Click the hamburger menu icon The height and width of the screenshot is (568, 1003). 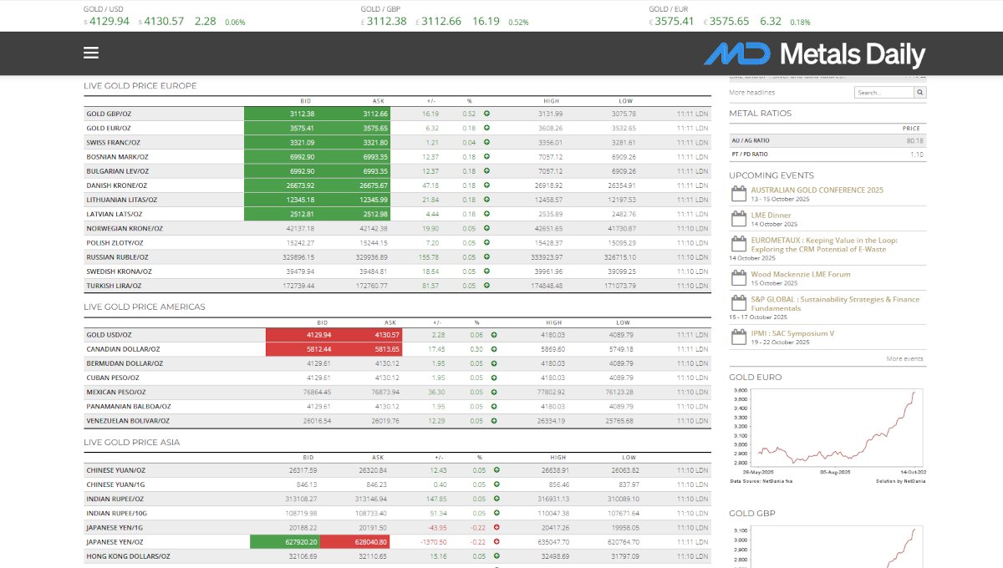(x=91, y=53)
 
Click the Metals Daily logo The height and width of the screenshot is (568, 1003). (x=814, y=54)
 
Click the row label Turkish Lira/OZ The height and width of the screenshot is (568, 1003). (x=119, y=286)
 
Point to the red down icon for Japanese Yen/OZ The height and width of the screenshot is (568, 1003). (x=496, y=542)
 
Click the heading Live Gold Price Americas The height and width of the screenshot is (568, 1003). (x=145, y=307)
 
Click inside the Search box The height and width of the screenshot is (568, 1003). (x=884, y=93)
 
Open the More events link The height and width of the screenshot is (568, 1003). (x=904, y=358)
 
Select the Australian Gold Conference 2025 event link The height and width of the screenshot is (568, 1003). (x=817, y=190)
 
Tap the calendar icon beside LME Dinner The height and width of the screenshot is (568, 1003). (x=738, y=219)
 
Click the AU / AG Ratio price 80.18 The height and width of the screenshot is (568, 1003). (x=914, y=141)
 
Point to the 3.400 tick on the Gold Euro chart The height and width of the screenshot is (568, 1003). (x=740, y=408)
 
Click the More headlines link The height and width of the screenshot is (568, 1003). (x=751, y=93)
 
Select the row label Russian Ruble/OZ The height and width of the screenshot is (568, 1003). (x=117, y=257)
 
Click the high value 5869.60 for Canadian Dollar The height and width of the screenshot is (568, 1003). (x=552, y=349)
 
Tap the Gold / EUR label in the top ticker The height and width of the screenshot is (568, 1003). (x=667, y=9)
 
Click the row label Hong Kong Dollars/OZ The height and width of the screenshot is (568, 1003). (x=128, y=556)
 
